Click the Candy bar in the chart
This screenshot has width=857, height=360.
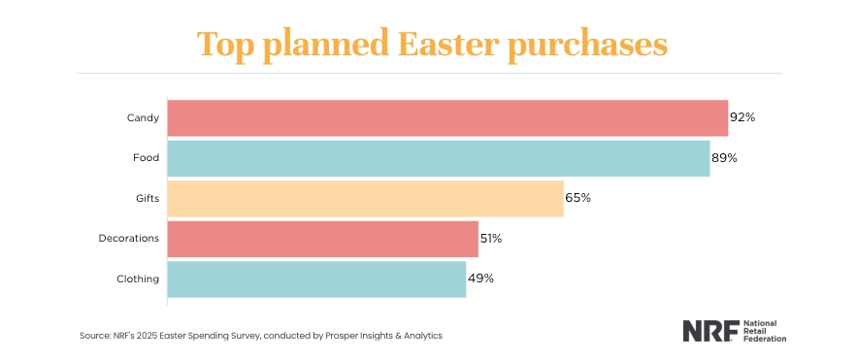point(447,117)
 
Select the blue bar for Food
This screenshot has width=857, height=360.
point(438,158)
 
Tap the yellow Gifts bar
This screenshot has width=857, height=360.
point(365,198)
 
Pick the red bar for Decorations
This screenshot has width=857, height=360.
point(322,239)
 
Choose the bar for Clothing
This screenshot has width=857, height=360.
point(316,278)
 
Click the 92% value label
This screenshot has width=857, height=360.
point(742,117)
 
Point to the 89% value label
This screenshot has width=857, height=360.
point(724,158)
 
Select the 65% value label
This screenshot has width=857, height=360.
point(577,198)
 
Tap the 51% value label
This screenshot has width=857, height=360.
point(492,239)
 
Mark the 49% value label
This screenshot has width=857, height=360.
point(480,278)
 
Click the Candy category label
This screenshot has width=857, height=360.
point(143,117)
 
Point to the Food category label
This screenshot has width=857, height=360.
point(147,158)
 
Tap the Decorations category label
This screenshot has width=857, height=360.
point(129,239)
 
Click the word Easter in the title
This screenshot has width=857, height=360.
point(446,44)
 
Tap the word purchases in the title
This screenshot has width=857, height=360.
point(591,46)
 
